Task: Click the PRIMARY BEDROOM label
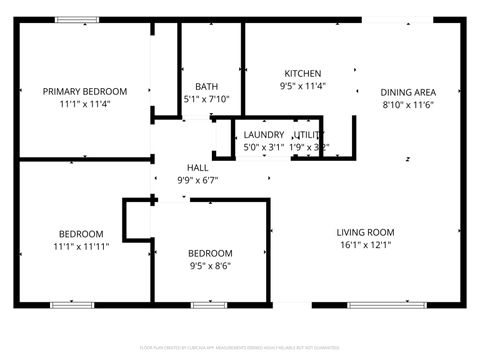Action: pos(83,91)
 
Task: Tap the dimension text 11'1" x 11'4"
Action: pos(83,103)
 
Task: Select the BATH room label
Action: pos(207,87)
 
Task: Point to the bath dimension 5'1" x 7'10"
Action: pos(207,99)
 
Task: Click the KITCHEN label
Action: pos(302,74)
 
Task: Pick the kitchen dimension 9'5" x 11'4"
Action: pos(302,86)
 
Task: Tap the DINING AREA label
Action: pos(409,92)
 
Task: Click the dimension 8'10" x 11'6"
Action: pos(409,104)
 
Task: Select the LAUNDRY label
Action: pos(264,135)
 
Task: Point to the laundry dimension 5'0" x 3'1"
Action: pos(264,147)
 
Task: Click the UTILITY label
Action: pos(309,135)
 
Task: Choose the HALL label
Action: pos(198,168)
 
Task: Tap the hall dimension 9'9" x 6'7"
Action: pos(198,181)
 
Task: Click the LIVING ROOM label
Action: pos(371,233)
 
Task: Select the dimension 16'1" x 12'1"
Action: pos(371,245)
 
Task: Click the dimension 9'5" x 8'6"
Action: pos(211,266)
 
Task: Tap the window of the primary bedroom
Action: pos(70,19)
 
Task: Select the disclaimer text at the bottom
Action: pos(240,349)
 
